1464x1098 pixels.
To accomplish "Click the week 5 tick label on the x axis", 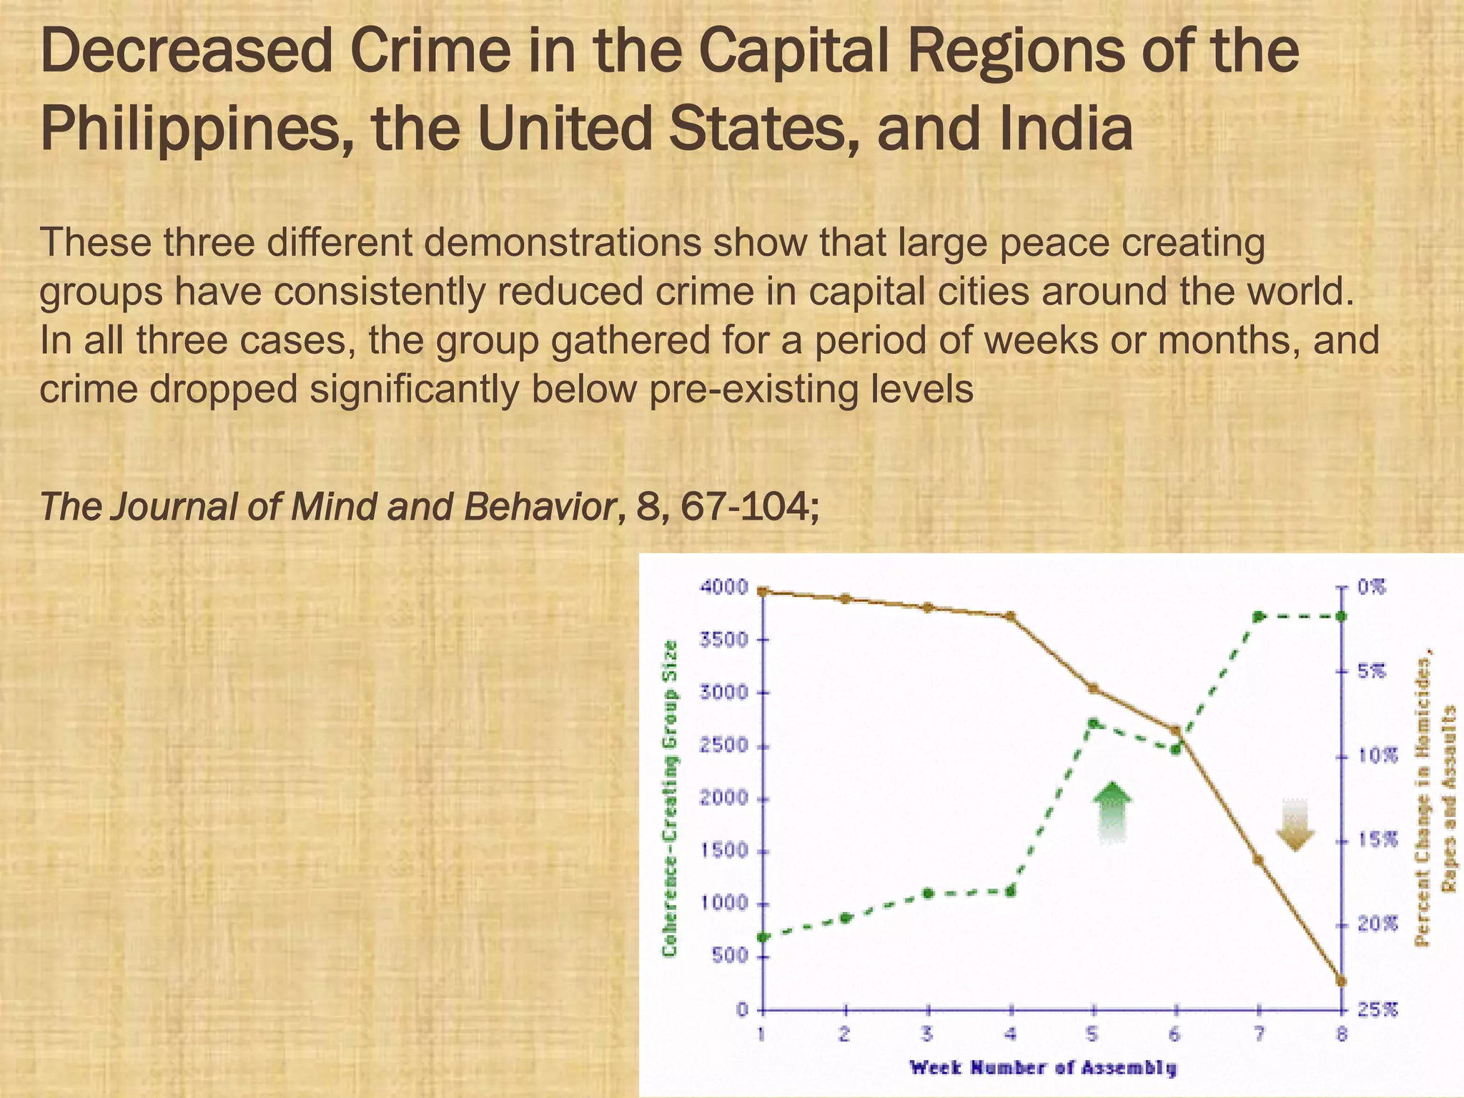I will click(x=1093, y=1034).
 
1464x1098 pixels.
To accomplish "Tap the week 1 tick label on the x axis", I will click(x=763, y=1034).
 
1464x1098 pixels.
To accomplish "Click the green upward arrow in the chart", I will click(x=1111, y=813).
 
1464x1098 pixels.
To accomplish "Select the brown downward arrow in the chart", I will click(x=1295, y=826).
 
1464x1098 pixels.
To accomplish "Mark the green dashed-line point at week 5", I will click(x=1093, y=723).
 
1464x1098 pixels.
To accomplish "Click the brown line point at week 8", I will click(x=1341, y=981).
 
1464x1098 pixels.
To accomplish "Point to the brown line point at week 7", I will click(x=1258, y=860).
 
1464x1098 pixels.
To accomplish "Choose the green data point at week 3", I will click(x=928, y=894).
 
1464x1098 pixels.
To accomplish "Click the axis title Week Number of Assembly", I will click(x=1042, y=1069).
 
